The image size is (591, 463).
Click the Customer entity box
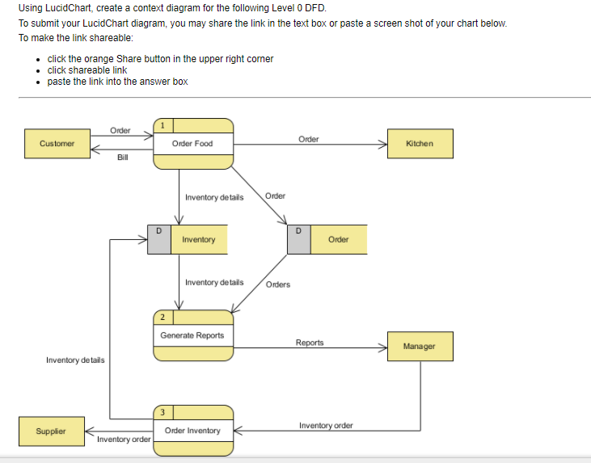coord(57,143)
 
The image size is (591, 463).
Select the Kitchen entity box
coord(420,143)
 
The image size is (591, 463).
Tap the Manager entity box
coord(420,346)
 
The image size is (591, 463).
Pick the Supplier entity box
coord(50,431)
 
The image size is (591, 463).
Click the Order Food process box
coord(193,144)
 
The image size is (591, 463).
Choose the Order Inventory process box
coord(193,431)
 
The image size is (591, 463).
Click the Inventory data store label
coord(199,239)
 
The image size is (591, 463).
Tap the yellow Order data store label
coord(339,239)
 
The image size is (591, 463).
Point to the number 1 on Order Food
coord(163,124)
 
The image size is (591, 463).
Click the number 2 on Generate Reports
coord(163,316)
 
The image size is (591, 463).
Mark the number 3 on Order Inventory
coord(163,412)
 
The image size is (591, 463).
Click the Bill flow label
coord(123,158)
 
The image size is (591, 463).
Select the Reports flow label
coord(309,343)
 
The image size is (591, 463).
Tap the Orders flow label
coord(278,284)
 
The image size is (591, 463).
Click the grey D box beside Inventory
coord(159,239)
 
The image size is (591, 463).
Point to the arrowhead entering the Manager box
coord(383,347)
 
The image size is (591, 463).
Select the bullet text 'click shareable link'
coord(87,70)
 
